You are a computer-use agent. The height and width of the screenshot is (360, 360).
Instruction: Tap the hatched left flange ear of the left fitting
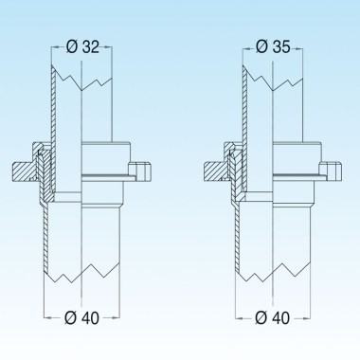[24, 171]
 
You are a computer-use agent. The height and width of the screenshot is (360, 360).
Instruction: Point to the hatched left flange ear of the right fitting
[212, 171]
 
